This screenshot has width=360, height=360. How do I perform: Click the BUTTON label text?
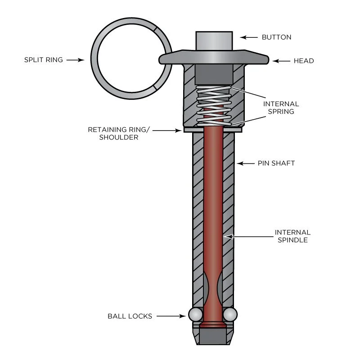tap(276, 37)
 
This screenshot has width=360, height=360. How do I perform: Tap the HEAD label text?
tap(304, 61)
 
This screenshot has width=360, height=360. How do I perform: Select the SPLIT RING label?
tap(43, 59)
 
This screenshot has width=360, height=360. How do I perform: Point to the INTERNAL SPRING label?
tap(281, 108)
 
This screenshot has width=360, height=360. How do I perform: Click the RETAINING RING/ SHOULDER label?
tap(118, 134)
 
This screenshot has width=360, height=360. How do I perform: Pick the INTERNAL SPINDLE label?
tap(292, 236)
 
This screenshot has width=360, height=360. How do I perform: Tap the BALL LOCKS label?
tap(130, 316)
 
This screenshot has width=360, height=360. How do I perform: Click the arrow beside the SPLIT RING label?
tap(75, 59)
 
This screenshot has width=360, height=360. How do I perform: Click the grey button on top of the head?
tap(214, 41)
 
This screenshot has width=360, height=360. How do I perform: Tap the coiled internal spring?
tap(214, 106)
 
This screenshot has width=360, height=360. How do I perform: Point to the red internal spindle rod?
tap(213, 202)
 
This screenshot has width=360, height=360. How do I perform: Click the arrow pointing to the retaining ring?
tap(171, 130)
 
